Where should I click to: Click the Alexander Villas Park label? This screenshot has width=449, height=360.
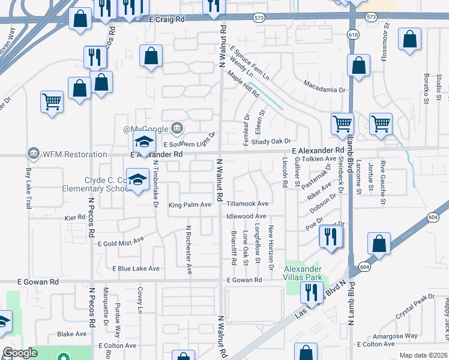(303, 272)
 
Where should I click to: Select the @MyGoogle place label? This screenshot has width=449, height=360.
(146, 129)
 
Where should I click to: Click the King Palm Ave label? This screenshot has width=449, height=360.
(190, 205)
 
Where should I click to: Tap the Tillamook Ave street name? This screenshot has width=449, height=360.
(247, 204)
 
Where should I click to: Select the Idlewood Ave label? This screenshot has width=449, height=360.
(246, 216)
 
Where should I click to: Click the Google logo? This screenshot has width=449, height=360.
(20, 353)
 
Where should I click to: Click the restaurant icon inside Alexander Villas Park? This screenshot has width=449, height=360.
(310, 292)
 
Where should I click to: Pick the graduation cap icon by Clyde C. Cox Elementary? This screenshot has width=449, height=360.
(138, 180)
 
